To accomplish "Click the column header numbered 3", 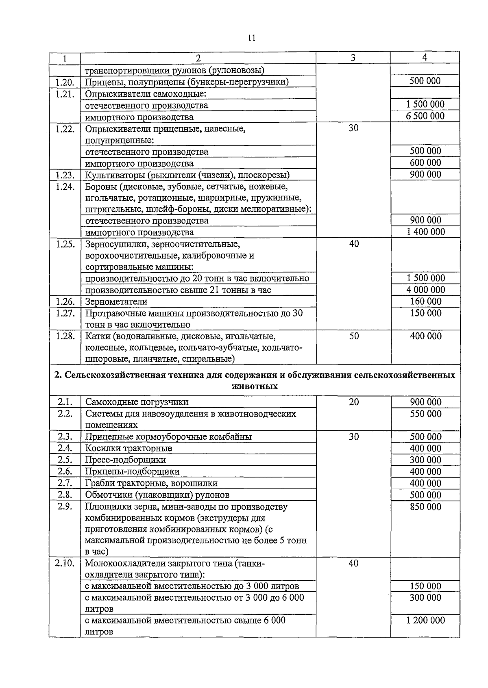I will point(353,58).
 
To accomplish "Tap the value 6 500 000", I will point(425,116).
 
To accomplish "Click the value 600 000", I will point(425,163).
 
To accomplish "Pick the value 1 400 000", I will point(425,232).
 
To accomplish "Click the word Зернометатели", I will point(116,302).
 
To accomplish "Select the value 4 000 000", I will point(425,290).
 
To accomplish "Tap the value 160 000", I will point(425,302).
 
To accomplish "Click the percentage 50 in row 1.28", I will point(354,336).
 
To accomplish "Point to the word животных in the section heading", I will point(255,386).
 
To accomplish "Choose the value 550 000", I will point(425,414).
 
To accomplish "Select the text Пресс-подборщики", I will point(125,460).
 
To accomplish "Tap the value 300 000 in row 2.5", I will point(425,460).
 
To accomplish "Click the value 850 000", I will point(425,507).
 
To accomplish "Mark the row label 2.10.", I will point(65,563).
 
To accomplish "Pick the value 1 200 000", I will point(425,620).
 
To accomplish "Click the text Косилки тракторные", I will point(129,448).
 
